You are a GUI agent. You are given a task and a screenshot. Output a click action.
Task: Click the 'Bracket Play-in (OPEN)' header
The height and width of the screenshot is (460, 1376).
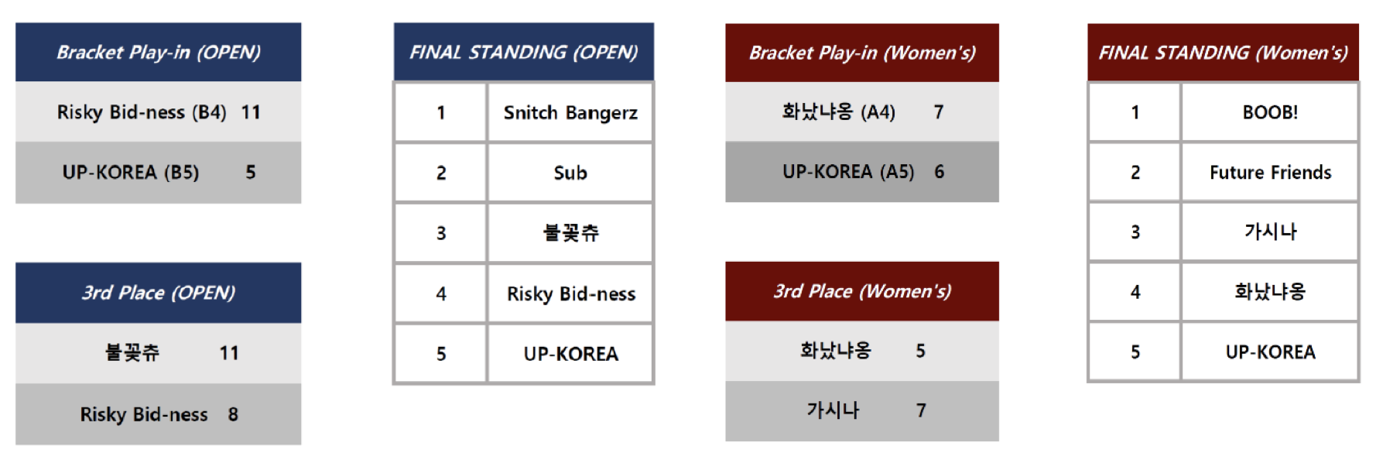[x=158, y=52]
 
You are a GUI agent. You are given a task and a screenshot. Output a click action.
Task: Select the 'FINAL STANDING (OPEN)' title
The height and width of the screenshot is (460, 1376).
[x=524, y=52]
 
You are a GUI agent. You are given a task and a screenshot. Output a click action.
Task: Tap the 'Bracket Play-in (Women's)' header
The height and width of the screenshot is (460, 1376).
[x=862, y=53]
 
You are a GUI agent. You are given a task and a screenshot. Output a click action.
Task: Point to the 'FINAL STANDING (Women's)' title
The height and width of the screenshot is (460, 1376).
[x=1223, y=53]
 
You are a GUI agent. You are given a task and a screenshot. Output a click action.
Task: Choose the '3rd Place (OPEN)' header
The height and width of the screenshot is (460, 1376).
[x=158, y=293]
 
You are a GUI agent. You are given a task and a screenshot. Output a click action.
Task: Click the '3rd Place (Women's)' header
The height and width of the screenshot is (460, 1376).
[x=862, y=291]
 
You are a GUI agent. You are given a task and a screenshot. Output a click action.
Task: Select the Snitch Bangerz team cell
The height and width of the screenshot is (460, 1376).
[x=570, y=113]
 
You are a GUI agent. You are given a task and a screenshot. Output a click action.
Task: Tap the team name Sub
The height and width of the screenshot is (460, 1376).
[x=570, y=173]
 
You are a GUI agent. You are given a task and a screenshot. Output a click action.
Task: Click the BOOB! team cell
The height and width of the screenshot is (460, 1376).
[x=1270, y=112]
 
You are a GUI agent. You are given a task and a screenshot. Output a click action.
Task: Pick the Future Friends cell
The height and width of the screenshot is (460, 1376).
[x=1270, y=172]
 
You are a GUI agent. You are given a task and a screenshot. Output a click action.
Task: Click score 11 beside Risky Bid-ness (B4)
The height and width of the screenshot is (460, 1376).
[x=251, y=112]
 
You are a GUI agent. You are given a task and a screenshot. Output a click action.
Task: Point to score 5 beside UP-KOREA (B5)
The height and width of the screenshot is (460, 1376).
[x=251, y=172]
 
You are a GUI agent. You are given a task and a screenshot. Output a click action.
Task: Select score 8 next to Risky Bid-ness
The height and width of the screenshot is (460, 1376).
[x=233, y=414]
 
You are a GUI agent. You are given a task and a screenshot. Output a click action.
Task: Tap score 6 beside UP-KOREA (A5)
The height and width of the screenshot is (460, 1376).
[x=940, y=171]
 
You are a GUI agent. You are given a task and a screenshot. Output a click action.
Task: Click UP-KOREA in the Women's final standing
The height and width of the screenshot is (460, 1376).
[x=1270, y=352]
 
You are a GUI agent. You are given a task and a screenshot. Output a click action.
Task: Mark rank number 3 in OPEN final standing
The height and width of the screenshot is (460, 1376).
[x=441, y=233]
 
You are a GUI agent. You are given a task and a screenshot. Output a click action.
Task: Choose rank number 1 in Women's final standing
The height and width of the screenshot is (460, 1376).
[x=1135, y=112]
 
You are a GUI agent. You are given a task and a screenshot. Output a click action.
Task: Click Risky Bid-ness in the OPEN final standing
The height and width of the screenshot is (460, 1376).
[x=571, y=294]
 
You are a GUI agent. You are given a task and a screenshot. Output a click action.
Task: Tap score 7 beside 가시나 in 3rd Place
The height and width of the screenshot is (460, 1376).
[x=921, y=410]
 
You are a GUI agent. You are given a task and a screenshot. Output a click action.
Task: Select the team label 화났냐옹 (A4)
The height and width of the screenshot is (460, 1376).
[x=838, y=112]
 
